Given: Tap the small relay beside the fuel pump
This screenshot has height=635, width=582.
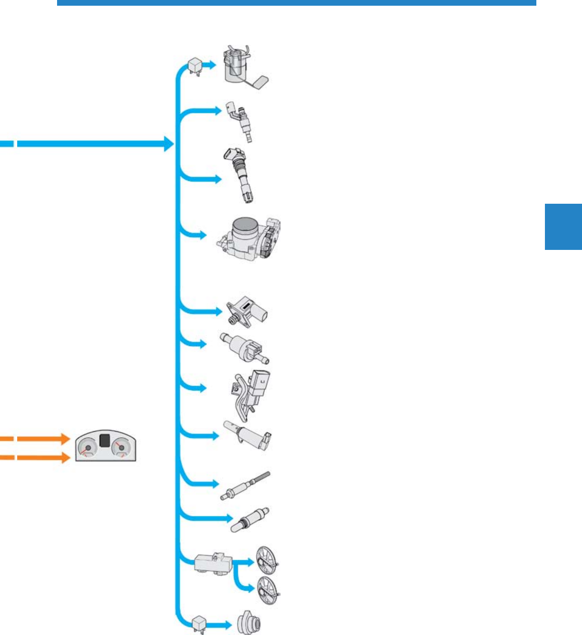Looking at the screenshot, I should (195, 65).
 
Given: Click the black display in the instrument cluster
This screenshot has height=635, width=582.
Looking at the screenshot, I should (106, 441).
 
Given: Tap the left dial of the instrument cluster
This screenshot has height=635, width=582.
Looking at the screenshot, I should (87, 449).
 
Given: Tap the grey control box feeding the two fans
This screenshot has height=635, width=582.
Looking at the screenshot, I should (213, 563).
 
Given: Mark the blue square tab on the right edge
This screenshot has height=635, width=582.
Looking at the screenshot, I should (563, 227).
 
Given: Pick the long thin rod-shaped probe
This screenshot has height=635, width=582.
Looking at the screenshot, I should (245, 485).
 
